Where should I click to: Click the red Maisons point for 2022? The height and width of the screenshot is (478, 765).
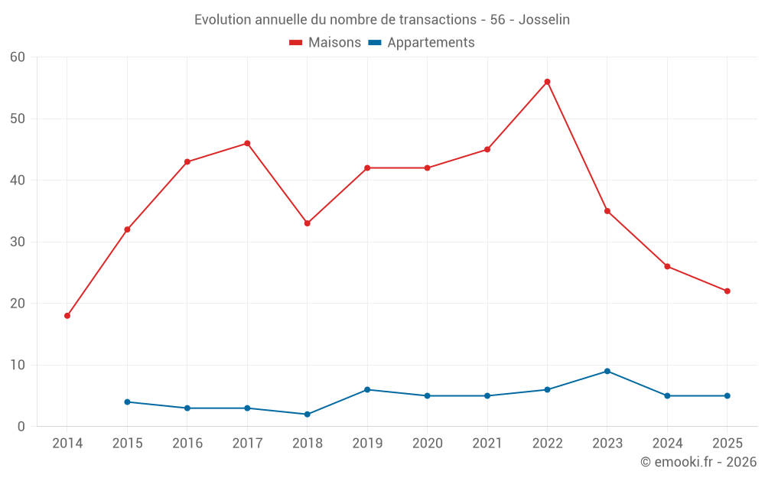(547, 82)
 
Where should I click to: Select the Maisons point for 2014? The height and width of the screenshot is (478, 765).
(67, 316)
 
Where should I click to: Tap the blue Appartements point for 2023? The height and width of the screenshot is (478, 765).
(607, 371)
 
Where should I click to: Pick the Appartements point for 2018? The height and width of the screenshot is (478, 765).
(308, 415)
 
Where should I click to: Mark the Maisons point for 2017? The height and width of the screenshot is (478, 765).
(247, 143)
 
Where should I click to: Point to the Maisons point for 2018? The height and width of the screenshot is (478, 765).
(308, 223)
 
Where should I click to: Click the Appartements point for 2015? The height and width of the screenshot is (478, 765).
(127, 402)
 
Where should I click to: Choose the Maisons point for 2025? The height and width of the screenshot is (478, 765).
(728, 291)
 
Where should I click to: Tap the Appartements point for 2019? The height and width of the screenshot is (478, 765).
(367, 389)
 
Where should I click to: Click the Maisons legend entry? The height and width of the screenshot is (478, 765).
(325, 43)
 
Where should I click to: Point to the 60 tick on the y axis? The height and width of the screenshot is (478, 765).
(18, 57)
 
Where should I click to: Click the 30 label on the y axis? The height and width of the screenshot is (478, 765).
(18, 242)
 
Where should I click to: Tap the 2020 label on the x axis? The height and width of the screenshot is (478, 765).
(427, 444)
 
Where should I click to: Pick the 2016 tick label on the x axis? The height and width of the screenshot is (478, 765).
(187, 444)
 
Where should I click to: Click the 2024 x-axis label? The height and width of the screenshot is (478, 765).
(667, 444)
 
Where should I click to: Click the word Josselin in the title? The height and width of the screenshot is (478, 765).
(544, 20)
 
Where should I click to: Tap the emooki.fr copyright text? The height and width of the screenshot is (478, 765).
(698, 462)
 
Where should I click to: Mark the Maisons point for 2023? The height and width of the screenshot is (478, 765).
(607, 211)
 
